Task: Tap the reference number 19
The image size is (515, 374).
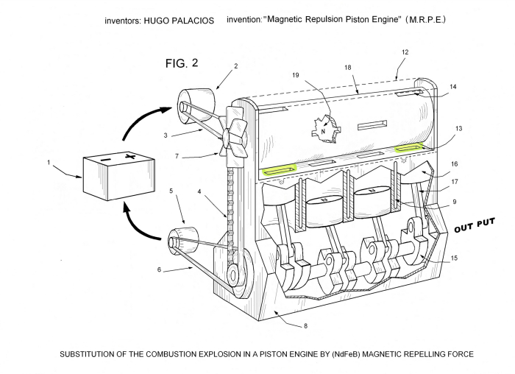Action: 296,74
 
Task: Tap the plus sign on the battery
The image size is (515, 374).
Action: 131,157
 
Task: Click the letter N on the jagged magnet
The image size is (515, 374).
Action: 322,133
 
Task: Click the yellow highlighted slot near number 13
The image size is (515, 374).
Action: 410,148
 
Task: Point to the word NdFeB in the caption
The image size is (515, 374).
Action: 313,354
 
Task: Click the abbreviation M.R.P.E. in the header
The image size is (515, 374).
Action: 427,20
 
